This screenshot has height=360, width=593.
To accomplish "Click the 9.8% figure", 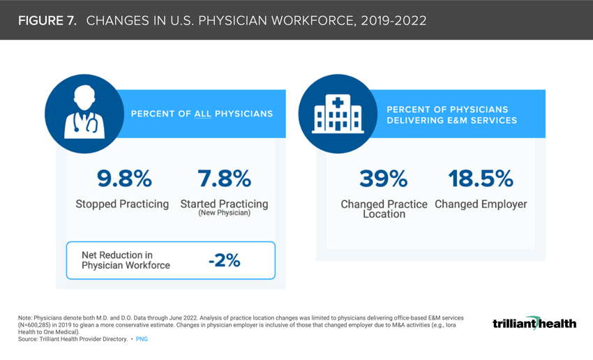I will [124, 179].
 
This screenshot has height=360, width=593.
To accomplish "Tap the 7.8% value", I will [224, 179].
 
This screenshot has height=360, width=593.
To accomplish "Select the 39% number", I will [384, 179].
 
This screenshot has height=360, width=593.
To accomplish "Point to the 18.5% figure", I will [481, 179].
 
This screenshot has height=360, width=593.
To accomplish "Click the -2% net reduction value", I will [225, 261].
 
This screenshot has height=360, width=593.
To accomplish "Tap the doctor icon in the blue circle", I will [84, 114].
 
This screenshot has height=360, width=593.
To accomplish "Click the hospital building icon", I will [338, 114].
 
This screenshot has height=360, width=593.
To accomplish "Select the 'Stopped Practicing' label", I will [122, 204].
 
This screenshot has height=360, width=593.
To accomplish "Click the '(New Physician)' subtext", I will [224, 213].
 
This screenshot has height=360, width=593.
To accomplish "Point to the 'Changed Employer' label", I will [481, 204].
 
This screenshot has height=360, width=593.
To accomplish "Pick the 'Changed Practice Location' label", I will [384, 209].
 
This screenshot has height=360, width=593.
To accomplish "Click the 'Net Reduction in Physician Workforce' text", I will [126, 260].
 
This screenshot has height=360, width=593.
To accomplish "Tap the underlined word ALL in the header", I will [203, 114].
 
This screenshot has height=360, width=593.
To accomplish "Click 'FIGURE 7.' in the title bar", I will [47, 20].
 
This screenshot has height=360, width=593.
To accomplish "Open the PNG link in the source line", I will [142, 339].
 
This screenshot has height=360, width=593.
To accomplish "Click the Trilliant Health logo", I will [534, 323].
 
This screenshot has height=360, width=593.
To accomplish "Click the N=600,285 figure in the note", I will [43, 325].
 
